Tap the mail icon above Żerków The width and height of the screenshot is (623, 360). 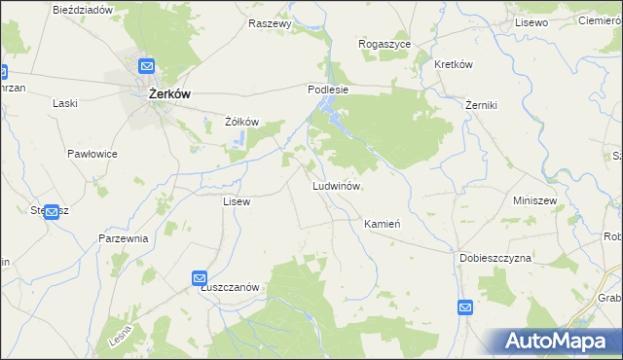[146, 66]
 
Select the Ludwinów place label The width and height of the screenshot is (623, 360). [337, 185]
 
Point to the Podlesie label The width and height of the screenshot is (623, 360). [328, 88]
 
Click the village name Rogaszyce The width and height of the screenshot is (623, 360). [385, 44]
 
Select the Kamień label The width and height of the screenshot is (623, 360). [382, 224]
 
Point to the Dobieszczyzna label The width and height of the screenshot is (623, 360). [495, 258]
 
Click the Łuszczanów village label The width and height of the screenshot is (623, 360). [228, 287]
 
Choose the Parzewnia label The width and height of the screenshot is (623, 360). [123, 238]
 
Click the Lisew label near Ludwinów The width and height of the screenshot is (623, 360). [238, 201]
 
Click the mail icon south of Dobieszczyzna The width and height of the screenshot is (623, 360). [465, 307]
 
